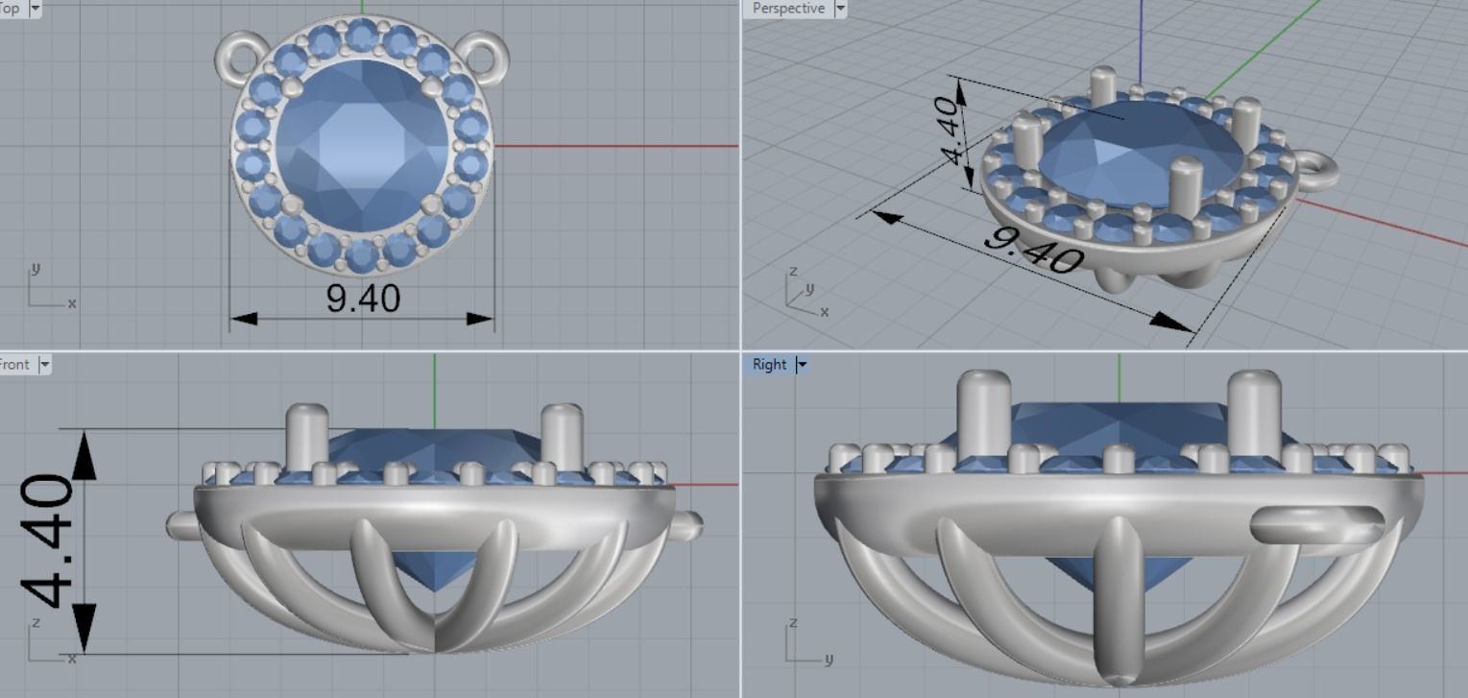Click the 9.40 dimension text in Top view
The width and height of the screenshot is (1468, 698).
[363, 299]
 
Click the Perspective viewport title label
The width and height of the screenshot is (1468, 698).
[787, 9]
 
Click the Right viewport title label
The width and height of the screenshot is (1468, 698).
[769, 365]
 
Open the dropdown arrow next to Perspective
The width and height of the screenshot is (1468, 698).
[841, 9]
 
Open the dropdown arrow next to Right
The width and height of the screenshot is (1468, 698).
[801, 365]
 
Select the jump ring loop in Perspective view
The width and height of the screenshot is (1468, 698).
[1320, 172]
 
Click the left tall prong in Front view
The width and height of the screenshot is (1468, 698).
[307, 437]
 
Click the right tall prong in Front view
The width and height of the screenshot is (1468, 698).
[562, 437]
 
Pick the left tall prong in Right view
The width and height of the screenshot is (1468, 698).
[984, 408]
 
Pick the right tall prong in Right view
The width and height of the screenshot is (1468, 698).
[1254, 408]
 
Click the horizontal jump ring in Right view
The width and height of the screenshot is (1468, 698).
[1316, 526]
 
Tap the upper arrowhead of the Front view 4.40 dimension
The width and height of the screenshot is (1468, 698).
[84, 454]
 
